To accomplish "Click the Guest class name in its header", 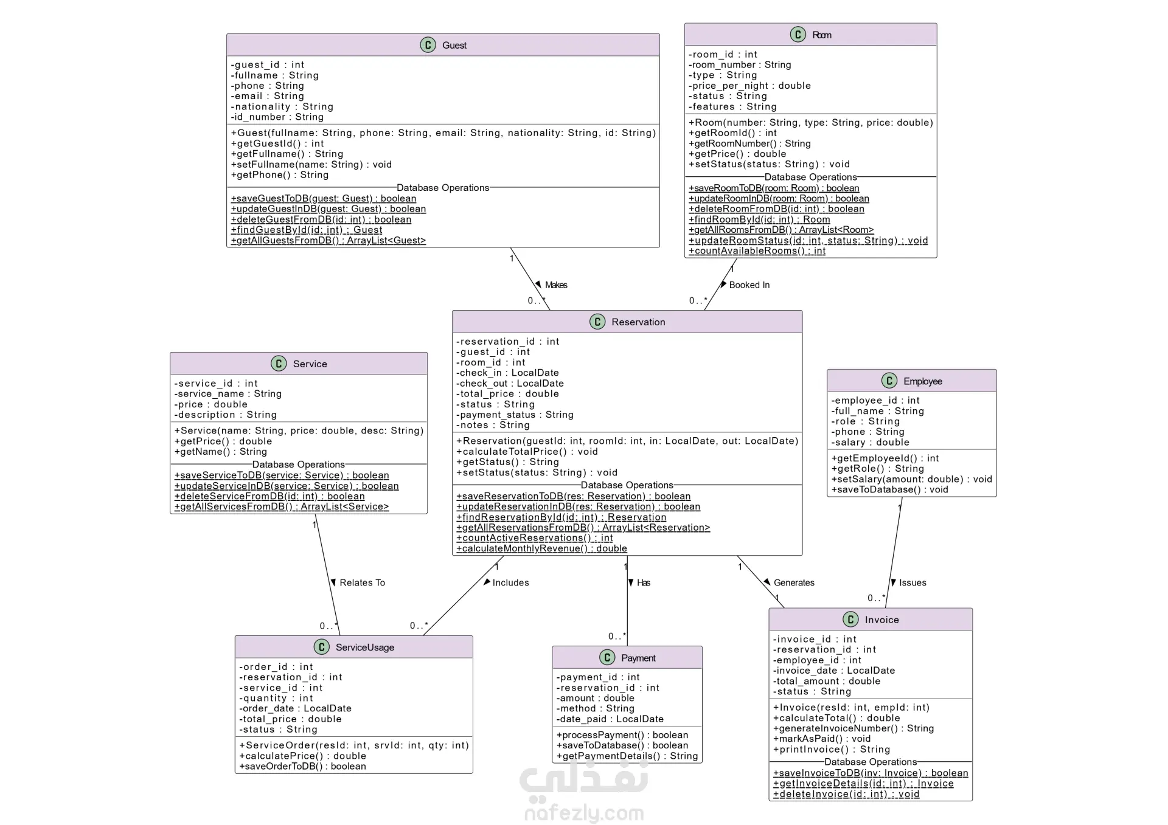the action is tap(454, 45).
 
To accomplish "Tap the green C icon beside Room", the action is tap(798, 35).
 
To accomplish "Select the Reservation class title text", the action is tap(638, 322).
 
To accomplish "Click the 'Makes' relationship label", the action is tap(556, 285).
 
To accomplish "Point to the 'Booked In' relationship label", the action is tap(749, 285).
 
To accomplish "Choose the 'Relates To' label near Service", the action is tap(362, 582).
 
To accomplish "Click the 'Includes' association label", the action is tap(510, 582).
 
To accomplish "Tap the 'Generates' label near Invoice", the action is tap(794, 582).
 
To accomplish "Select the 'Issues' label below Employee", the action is tap(912, 582).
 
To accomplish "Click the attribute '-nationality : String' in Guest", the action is tap(282, 106).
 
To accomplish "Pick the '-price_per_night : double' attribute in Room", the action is tap(749, 86).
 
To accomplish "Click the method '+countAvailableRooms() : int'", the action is tap(757, 251).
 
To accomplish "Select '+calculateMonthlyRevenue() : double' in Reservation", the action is tap(541, 548).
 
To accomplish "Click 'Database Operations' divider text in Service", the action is tap(298, 464).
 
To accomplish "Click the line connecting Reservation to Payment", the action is tap(627, 601).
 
